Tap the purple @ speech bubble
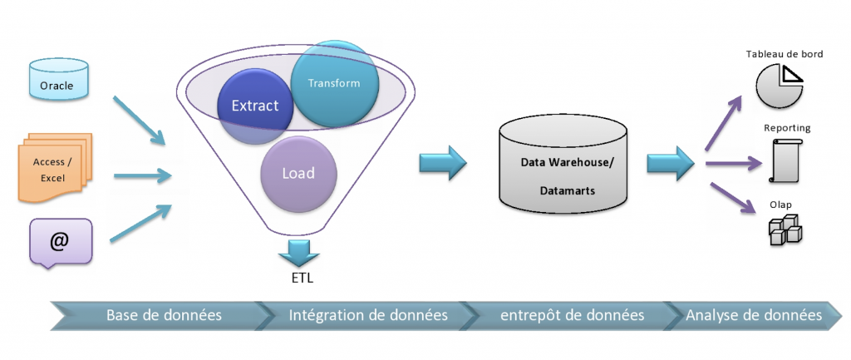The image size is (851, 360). pos(59,242)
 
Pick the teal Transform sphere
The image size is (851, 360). pos(335,83)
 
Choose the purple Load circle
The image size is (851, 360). pos(298,175)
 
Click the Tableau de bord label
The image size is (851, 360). pos(784,54)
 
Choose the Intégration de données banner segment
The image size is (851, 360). pos(367,315)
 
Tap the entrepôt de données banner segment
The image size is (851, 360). pos(572,315)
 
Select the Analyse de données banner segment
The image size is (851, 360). pos(755,315)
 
